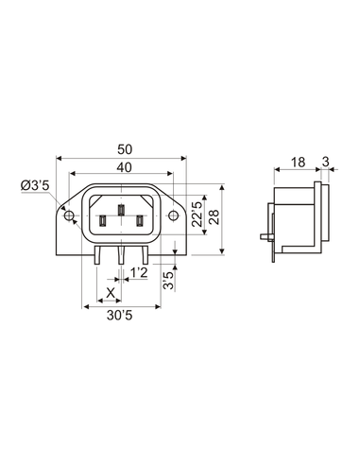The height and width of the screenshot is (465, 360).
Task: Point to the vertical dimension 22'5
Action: (195, 213)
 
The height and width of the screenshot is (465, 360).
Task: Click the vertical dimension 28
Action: (214, 218)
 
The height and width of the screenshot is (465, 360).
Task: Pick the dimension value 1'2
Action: (139, 272)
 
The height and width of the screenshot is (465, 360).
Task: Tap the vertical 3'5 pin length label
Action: (167, 280)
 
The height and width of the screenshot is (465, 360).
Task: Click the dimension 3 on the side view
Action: (325, 164)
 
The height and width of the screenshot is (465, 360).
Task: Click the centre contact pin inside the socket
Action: (121, 212)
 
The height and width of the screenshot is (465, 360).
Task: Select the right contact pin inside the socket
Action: (140, 221)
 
